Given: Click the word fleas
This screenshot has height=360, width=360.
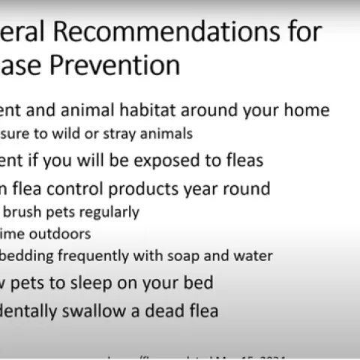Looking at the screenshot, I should [x=243, y=160].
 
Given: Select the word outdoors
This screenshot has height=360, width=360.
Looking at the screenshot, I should [x=59, y=234].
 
